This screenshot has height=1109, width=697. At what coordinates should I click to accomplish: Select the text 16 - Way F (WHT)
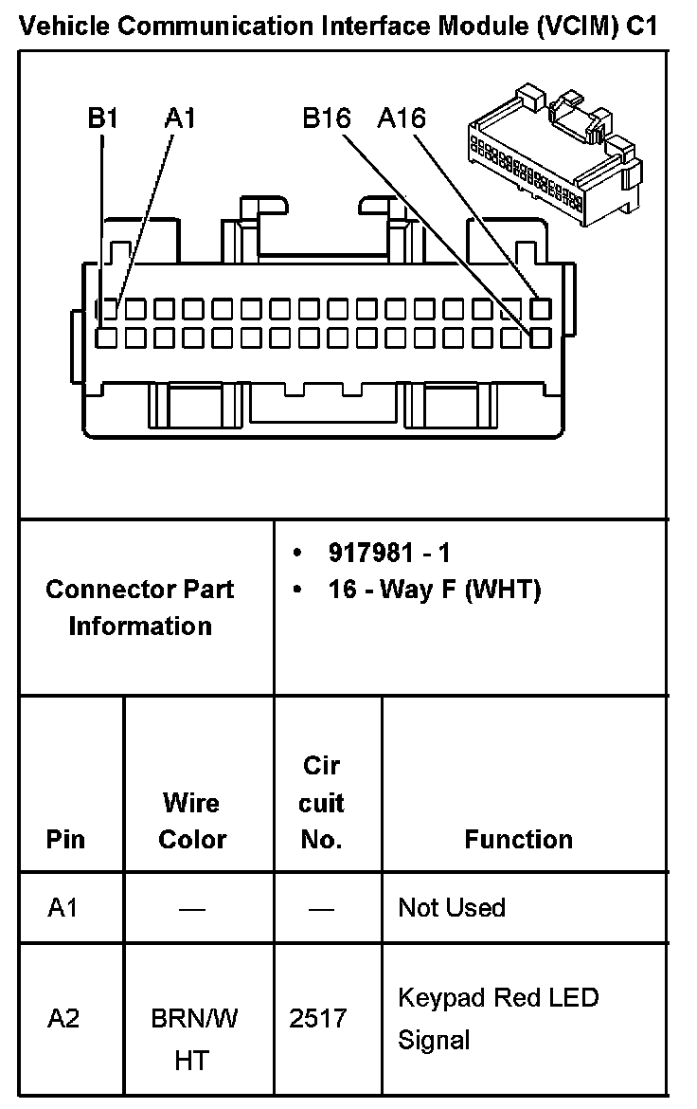point(434,590)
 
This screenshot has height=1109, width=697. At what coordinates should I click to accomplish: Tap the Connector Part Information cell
point(140,608)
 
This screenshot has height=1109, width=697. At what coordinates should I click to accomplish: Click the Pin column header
point(65,840)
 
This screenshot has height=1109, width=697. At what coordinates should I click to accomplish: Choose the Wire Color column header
point(192,821)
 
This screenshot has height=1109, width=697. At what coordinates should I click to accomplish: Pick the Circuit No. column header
point(321,803)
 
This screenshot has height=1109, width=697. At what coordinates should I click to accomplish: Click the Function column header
point(518,840)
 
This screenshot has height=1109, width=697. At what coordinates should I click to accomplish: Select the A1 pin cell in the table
point(63,907)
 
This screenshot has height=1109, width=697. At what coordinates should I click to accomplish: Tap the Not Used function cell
point(452,907)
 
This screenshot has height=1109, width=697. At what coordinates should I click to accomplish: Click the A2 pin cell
point(63,1019)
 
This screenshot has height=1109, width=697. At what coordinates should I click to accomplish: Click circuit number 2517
point(318,1019)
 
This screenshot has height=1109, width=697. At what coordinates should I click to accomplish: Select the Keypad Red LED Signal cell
point(498,1019)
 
